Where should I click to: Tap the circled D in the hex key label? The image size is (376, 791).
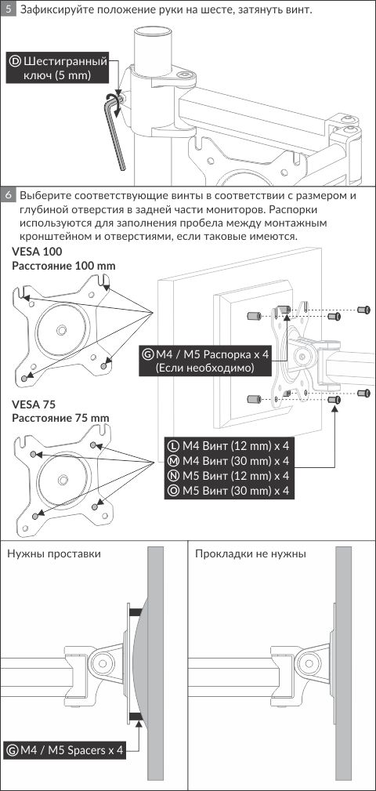pyautogui.click(x=15, y=62)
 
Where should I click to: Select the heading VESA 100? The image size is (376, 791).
pyautogui.click(x=38, y=252)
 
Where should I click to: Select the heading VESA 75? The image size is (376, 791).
pyautogui.click(x=34, y=405)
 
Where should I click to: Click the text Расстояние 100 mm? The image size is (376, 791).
pyautogui.click(x=64, y=266)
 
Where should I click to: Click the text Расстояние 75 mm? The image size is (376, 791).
pyautogui.click(x=60, y=419)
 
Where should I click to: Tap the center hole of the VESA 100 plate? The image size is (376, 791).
pyautogui.click(x=62, y=330)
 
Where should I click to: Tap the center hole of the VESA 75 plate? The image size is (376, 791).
pyautogui.click(x=63, y=479)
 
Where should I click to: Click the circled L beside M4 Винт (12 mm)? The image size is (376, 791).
pyautogui.click(x=173, y=445)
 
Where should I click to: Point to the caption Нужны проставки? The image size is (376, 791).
pyautogui.click(x=54, y=554)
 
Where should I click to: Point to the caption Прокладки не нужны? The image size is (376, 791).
pyautogui.click(x=251, y=554)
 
